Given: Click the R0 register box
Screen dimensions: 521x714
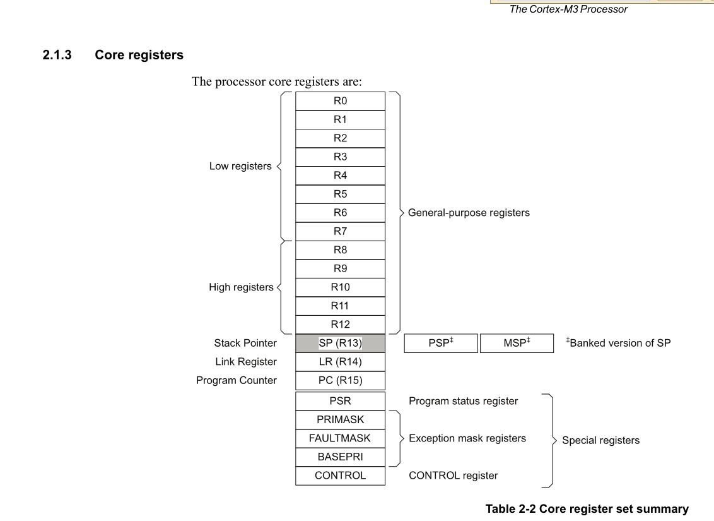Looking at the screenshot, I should (x=340, y=100).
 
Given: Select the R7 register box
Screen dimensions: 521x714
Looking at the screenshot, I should (x=340, y=231).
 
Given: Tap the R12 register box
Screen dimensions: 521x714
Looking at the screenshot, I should (x=340, y=325).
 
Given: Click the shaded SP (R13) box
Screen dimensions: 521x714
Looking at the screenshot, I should (x=340, y=344).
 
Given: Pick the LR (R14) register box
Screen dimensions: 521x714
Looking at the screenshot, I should (x=340, y=362).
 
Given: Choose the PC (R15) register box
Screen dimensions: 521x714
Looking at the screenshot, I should (x=340, y=381).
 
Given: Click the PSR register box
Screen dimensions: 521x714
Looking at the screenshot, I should (x=340, y=401).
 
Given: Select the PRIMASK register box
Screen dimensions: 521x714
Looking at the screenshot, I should (x=340, y=419).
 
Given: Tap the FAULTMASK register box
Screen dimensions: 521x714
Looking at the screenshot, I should (x=340, y=438).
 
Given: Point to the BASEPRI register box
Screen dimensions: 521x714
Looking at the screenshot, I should (x=340, y=457).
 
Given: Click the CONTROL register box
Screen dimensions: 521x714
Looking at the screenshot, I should (x=340, y=476).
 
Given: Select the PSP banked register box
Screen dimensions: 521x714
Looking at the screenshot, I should (x=441, y=344).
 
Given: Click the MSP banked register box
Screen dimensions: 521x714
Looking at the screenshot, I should (x=517, y=344).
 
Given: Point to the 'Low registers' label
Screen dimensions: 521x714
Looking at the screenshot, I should (x=240, y=166).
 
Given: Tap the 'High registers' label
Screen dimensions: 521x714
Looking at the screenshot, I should (x=241, y=287).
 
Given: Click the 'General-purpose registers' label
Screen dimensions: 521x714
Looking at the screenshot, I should (x=469, y=213).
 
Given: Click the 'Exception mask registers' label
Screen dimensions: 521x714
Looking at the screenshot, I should (x=467, y=438).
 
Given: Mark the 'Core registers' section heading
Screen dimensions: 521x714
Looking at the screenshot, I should (x=139, y=56).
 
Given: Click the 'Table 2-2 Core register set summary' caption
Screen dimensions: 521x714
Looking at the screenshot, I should (x=587, y=508).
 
